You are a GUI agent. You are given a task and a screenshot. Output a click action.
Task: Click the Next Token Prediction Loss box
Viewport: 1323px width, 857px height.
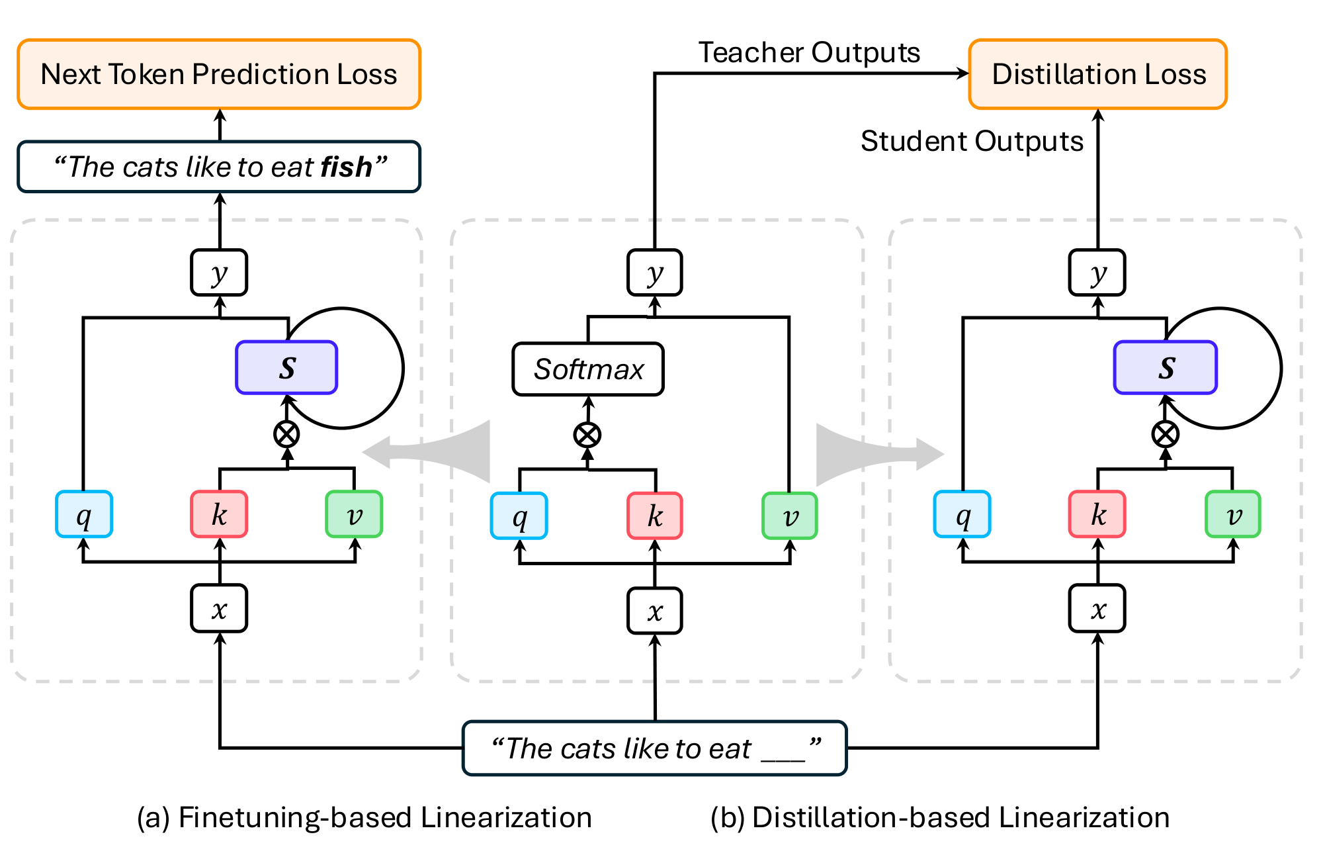(219, 74)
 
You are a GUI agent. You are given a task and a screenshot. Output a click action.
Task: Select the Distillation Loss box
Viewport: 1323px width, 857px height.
(1098, 74)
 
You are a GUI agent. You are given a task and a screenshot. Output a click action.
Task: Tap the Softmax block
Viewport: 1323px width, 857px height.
(588, 369)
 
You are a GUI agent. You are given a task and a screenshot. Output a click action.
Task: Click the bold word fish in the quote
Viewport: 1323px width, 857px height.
(345, 167)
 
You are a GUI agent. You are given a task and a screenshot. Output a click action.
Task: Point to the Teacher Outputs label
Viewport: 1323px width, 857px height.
(809, 52)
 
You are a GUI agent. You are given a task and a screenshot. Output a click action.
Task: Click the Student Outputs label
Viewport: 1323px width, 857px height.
(972, 141)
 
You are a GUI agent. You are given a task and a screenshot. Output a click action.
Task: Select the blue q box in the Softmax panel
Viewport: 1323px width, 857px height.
(519, 516)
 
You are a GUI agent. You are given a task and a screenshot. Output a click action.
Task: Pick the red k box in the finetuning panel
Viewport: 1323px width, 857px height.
(219, 514)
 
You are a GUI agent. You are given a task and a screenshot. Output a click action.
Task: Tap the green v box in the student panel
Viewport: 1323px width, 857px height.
(1233, 514)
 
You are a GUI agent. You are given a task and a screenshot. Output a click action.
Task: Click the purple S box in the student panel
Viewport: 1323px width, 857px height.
(1166, 367)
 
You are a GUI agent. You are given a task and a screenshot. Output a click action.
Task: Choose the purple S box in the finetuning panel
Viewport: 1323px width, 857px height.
(286, 367)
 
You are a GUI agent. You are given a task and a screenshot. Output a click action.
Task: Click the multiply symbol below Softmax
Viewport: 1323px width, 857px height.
(587, 435)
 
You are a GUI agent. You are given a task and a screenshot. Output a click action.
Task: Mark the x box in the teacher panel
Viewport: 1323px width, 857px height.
(655, 611)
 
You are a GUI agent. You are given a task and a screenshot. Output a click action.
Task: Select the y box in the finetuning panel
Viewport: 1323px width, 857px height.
(219, 273)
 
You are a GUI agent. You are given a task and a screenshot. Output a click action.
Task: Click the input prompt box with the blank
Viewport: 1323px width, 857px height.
(655, 748)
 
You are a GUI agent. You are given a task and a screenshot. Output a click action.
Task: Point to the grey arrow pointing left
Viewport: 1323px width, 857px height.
(430, 452)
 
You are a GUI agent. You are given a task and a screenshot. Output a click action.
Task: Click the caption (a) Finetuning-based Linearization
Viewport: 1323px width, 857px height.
(364, 817)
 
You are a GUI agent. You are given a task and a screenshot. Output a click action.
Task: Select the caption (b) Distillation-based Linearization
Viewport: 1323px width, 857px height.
(940, 817)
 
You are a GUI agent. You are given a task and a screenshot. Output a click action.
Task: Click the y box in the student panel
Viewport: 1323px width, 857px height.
(1097, 273)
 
